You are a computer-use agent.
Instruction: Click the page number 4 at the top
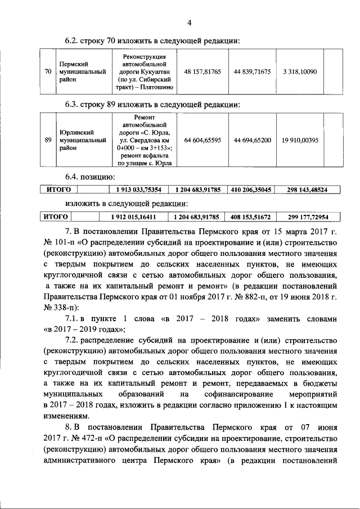point(190,22)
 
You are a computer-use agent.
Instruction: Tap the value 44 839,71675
point(253,72)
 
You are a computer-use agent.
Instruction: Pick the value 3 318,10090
point(300,72)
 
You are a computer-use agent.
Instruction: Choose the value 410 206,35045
point(251,190)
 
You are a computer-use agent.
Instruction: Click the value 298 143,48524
point(307,190)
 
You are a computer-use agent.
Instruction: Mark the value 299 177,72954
point(307,217)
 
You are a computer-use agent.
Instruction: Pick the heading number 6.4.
point(74,177)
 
